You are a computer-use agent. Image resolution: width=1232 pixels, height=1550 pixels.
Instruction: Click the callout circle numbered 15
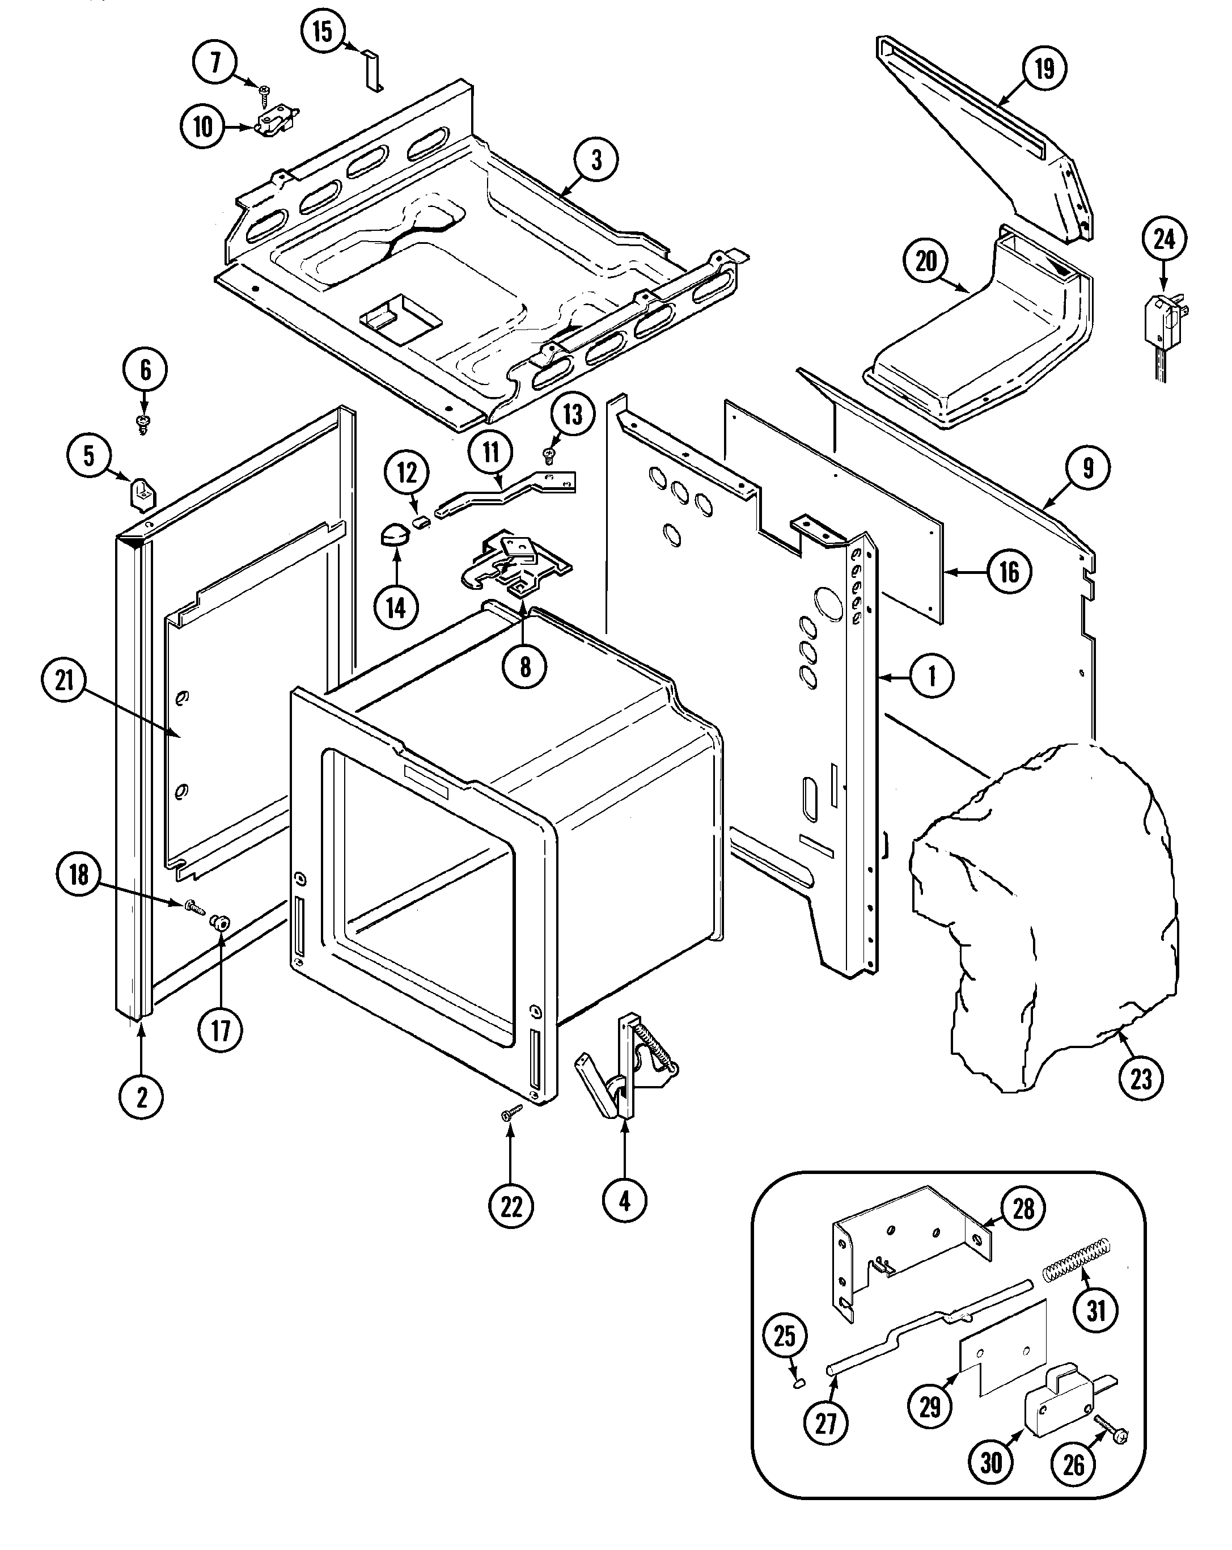[x=323, y=32]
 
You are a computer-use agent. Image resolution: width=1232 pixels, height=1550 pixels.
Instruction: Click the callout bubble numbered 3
[x=596, y=159]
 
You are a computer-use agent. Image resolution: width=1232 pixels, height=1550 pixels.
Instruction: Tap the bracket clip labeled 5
[x=142, y=494]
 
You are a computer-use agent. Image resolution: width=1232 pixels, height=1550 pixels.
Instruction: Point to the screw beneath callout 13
[x=548, y=454]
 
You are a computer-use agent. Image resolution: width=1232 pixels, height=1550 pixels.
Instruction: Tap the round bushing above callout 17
[x=217, y=922]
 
